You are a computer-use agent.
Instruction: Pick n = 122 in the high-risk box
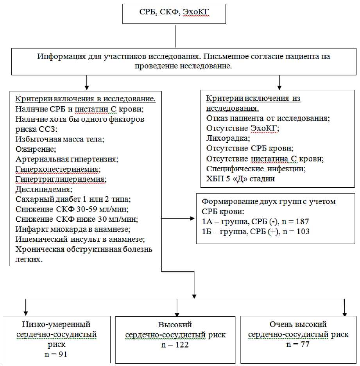[175, 344]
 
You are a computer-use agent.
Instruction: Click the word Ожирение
[36, 149]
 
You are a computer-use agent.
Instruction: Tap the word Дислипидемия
[44, 189]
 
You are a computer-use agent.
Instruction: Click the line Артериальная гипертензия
[67, 159]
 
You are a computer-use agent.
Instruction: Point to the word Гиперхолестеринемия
[58, 169]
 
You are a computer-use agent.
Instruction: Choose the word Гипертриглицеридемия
[61, 179]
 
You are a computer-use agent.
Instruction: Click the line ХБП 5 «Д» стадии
[241, 179]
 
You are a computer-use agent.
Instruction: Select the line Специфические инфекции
[256, 169]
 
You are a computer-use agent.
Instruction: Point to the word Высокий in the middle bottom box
[175, 325]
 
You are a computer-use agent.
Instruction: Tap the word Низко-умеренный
[57, 325]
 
